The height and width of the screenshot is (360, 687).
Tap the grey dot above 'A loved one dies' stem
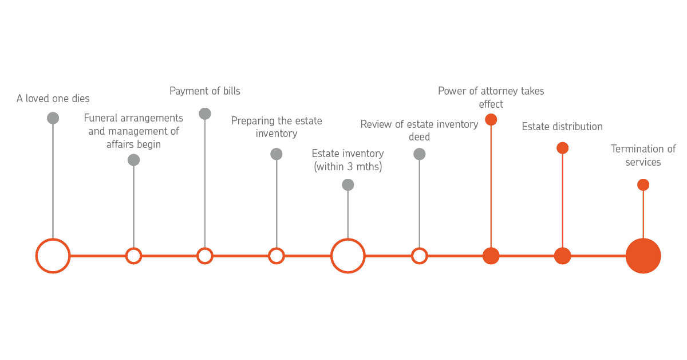pos(53,118)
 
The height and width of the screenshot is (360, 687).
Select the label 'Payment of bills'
pos(205,91)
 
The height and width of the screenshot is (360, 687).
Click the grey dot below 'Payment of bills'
pos(205,114)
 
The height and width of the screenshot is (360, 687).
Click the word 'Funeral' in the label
pos(101,118)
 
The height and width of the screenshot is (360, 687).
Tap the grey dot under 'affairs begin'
pos(134,160)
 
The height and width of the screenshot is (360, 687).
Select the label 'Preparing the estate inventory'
pos(277,127)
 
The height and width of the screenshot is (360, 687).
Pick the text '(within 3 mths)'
pos(348,167)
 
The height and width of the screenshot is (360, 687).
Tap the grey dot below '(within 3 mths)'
pos(348,185)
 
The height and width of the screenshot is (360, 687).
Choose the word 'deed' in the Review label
pos(419,137)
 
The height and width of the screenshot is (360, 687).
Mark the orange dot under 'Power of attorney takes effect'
pos(491,120)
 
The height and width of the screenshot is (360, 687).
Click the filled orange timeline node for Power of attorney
pos(491,256)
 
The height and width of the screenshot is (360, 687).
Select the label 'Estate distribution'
pos(562,127)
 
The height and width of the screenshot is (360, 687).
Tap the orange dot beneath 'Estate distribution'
pos(562,148)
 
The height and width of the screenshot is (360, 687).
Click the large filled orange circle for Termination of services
pos(643,256)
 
